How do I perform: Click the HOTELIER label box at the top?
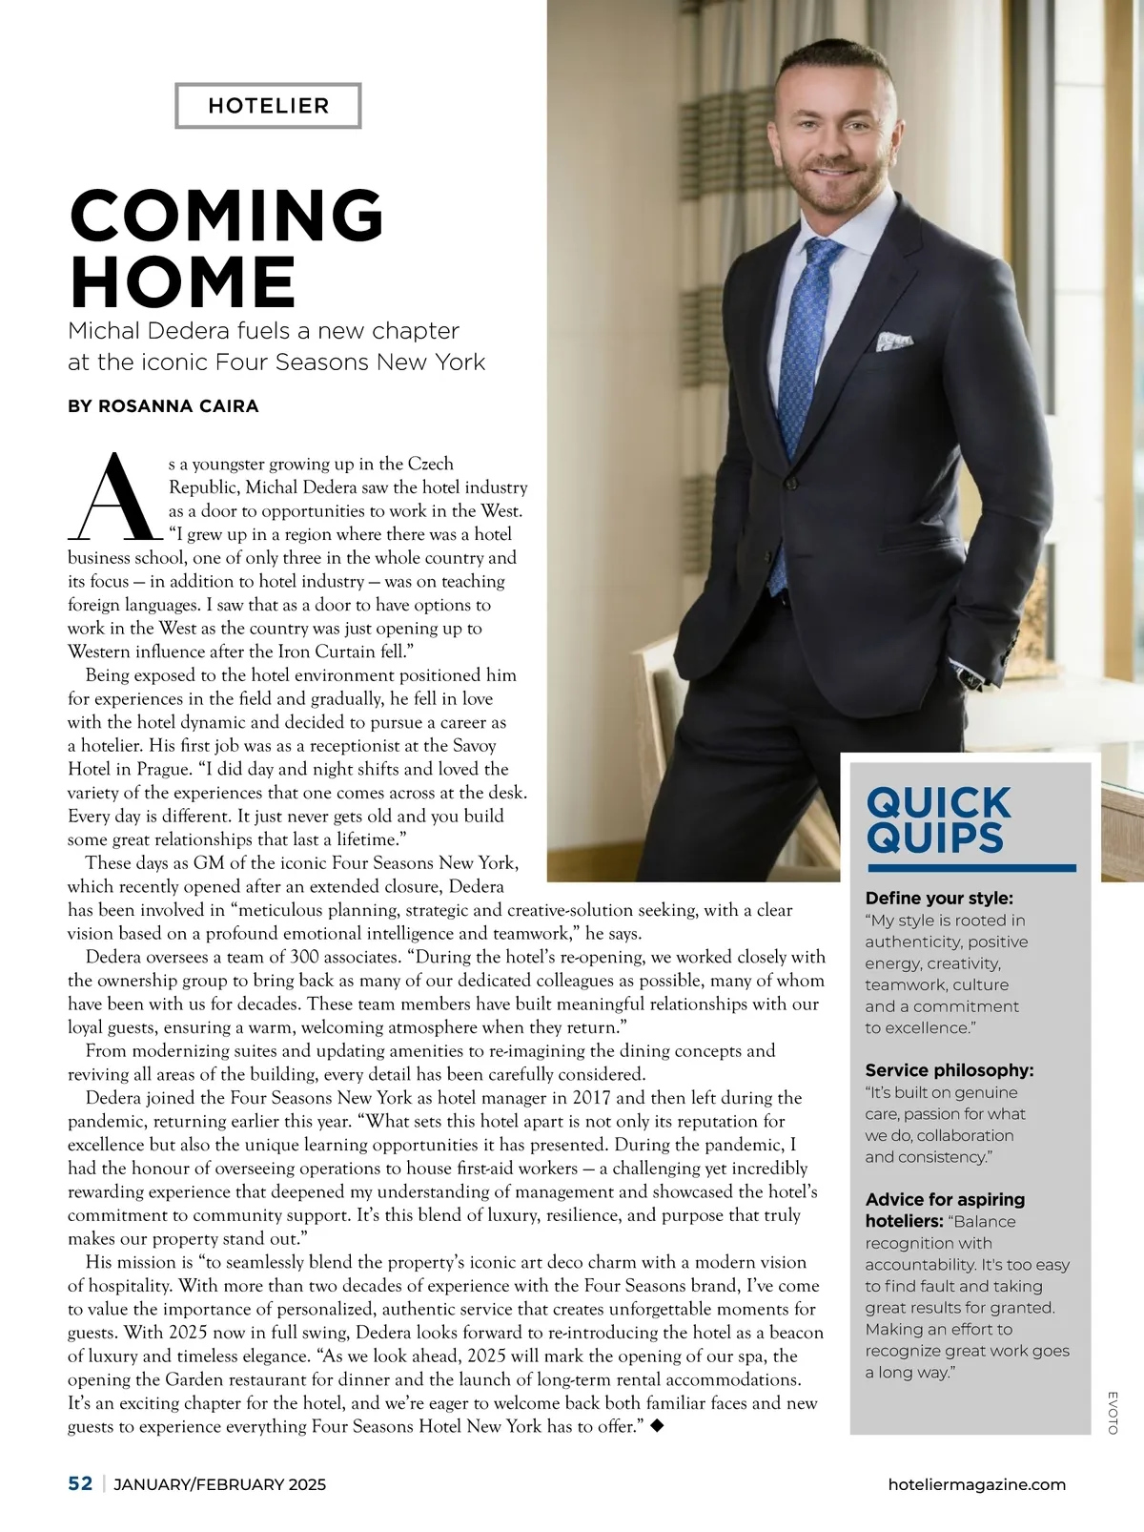pos(268,106)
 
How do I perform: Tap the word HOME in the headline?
pos(183,281)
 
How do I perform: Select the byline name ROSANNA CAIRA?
pos(178,406)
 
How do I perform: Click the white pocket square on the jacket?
pos(894,340)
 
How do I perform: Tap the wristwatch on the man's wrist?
pos(972,678)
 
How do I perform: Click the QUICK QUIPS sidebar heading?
pos(938,819)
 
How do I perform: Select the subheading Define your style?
pos(939,898)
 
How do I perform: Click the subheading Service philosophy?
pos(950,1070)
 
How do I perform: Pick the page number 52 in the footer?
pos(80,1483)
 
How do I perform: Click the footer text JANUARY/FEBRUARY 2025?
pos(220,1484)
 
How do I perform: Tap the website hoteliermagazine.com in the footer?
pos(976,1484)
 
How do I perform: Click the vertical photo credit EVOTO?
pos(1113,1412)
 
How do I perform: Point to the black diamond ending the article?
pos(656,1426)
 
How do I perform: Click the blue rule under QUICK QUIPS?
pos(970,868)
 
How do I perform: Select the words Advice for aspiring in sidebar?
pos(945,1199)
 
